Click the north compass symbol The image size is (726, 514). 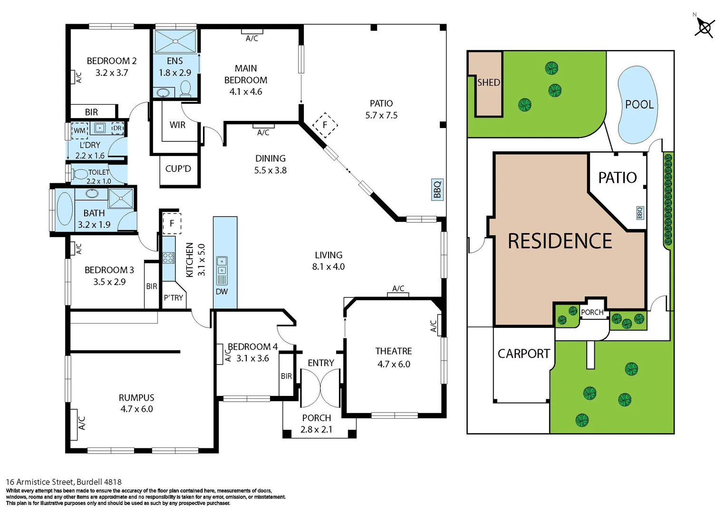click(704, 27)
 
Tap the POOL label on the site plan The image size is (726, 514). click(639, 104)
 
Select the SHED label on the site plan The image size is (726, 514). click(488, 82)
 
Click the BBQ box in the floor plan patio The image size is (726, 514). click(437, 189)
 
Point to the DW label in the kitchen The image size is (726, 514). click(222, 291)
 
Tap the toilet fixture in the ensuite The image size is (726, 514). click(186, 89)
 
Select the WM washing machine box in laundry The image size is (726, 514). click(79, 130)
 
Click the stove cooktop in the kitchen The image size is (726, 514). click(168, 258)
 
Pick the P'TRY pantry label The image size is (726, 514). click(173, 298)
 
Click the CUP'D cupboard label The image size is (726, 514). click(178, 169)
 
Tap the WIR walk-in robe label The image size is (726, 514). click(177, 125)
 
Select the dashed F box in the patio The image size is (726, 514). click(325, 125)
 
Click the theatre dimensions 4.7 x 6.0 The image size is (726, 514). click(394, 364)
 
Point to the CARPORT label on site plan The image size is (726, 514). click(523, 354)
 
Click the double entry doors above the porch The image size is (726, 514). click(320, 388)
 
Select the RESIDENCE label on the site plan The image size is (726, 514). click(560, 241)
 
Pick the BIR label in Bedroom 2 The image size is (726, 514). click(91, 112)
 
